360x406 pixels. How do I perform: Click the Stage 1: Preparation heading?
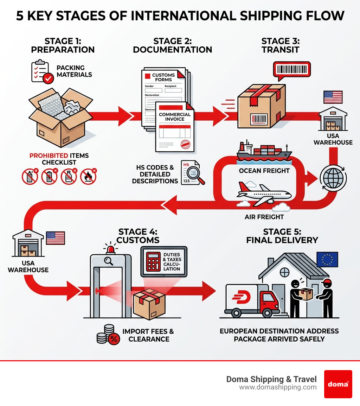(x=63, y=46)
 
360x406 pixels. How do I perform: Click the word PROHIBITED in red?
(x=49, y=156)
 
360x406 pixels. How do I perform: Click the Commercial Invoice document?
(x=175, y=127)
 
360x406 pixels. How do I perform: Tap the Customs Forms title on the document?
(x=163, y=77)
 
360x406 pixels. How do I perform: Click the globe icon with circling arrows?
(x=333, y=178)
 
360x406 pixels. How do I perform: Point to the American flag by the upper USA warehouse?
(x=333, y=97)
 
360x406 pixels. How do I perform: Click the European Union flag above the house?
(x=327, y=259)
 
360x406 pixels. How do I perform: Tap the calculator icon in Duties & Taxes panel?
(x=153, y=261)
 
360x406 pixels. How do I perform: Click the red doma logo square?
(x=338, y=384)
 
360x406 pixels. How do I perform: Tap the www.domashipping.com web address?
(x=278, y=387)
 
